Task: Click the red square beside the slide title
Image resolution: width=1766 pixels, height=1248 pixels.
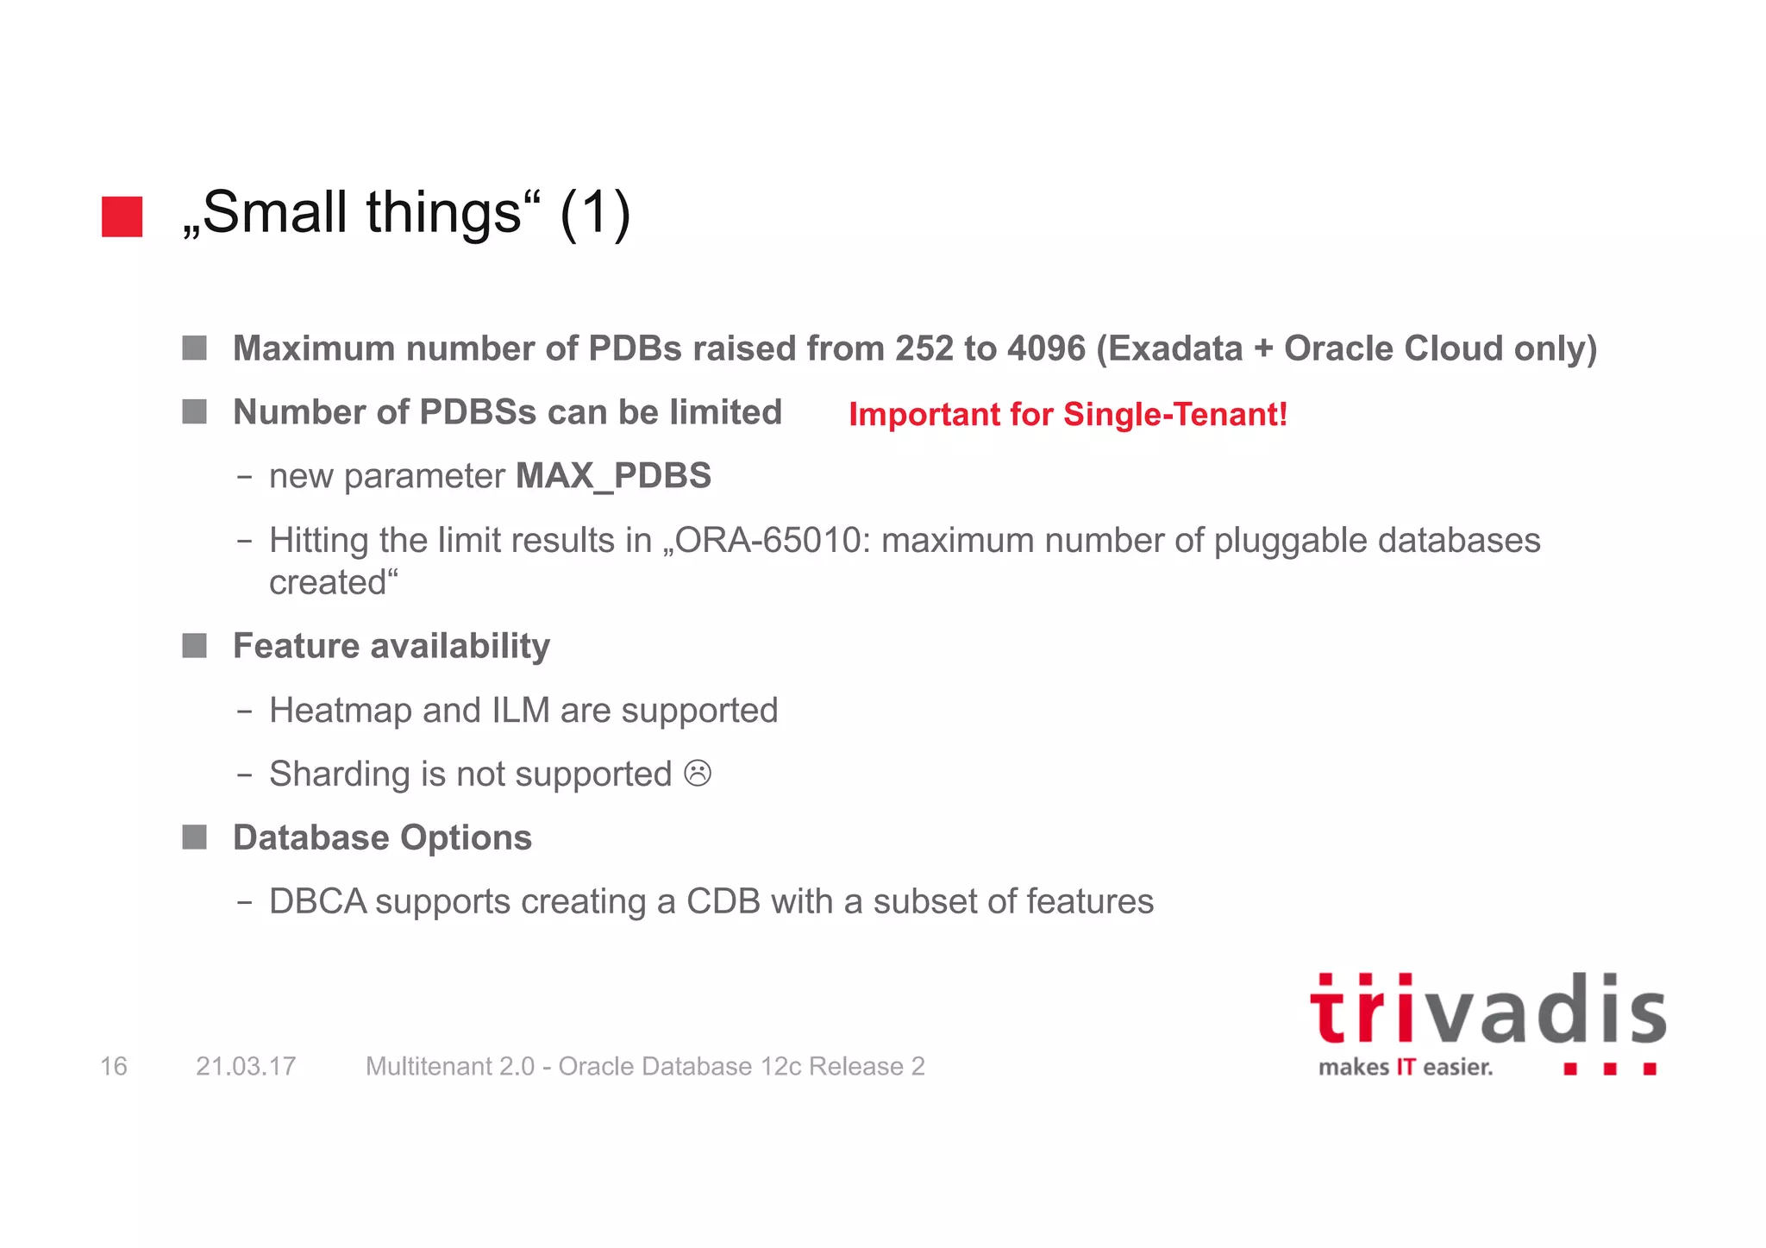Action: [x=122, y=216]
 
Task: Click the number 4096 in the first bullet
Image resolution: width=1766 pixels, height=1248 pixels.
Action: [x=1046, y=348]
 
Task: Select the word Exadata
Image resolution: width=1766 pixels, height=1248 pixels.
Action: [x=1175, y=348]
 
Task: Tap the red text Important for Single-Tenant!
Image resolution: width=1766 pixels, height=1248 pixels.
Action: [x=1068, y=415]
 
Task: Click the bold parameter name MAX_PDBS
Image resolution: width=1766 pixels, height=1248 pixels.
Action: [x=613, y=476]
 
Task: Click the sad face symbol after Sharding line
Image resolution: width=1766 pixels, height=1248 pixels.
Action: [x=698, y=774]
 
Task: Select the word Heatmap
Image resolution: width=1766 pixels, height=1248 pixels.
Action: [x=341, y=711]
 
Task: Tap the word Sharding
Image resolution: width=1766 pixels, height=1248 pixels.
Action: [x=340, y=775]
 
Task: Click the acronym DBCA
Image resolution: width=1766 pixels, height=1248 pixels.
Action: [x=317, y=901]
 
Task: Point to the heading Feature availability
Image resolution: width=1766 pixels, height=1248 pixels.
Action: [x=391, y=646]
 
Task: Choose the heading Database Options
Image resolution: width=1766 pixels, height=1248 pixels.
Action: [x=382, y=837]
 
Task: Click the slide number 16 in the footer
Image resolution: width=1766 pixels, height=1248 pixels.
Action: [x=114, y=1067]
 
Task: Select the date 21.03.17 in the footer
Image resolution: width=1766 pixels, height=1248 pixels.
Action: [x=246, y=1067]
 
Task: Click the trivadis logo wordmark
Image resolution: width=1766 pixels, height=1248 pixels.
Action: [x=1487, y=1011]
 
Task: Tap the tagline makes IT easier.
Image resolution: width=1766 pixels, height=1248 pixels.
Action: [x=1406, y=1068]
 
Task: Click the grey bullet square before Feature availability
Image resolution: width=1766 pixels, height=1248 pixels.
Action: [x=195, y=646]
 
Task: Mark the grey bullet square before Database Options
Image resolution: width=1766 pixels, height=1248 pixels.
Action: [x=195, y=837]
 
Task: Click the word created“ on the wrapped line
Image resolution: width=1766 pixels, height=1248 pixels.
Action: [x=334, y=583]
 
